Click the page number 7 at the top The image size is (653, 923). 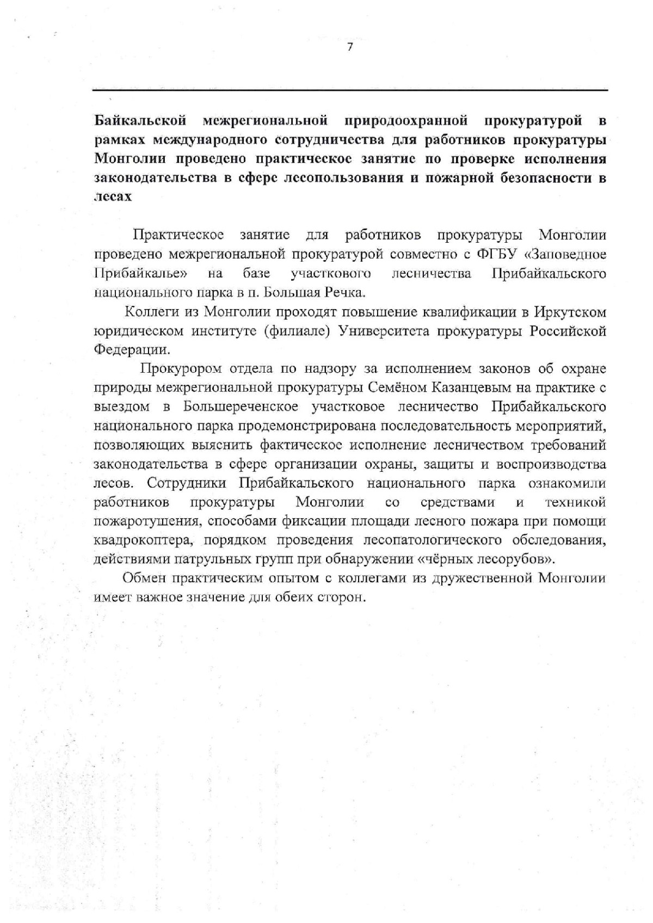coord(349,47)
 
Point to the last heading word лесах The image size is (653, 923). coord(113,196)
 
